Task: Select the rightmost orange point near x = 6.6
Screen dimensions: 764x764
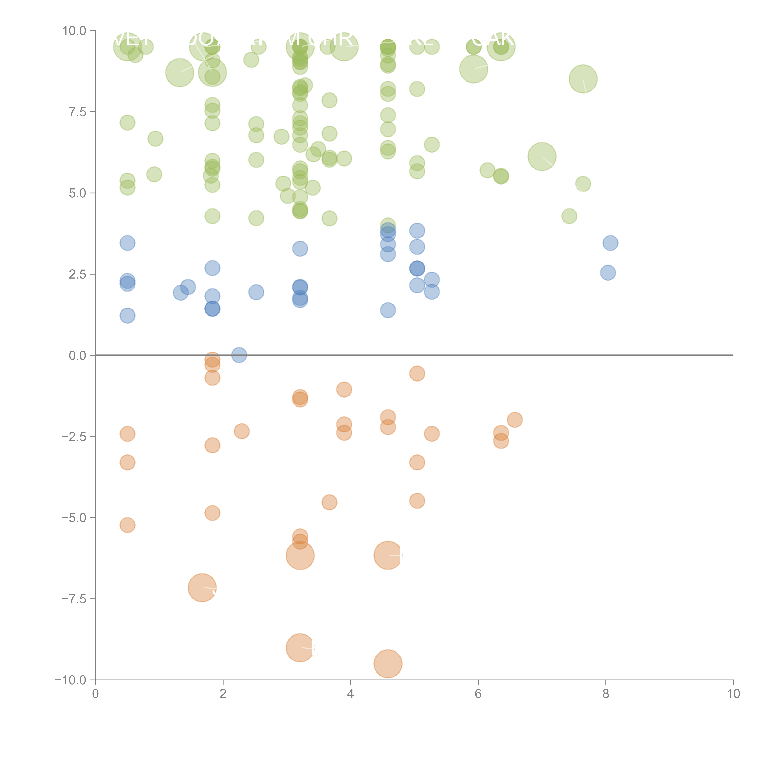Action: (x=514, y=420)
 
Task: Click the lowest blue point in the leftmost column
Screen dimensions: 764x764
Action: (x=127, y=316)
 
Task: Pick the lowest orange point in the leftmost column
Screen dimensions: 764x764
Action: (x=127, y=525)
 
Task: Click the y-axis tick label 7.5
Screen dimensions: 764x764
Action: (x=77, y=112)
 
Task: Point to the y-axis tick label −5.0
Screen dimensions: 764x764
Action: (x=74, y=518)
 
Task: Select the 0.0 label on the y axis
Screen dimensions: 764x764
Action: (x=77, y=356)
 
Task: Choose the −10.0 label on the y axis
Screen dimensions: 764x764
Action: (x=70, y=680)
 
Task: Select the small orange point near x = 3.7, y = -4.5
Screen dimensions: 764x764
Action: (x=329, y=502)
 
